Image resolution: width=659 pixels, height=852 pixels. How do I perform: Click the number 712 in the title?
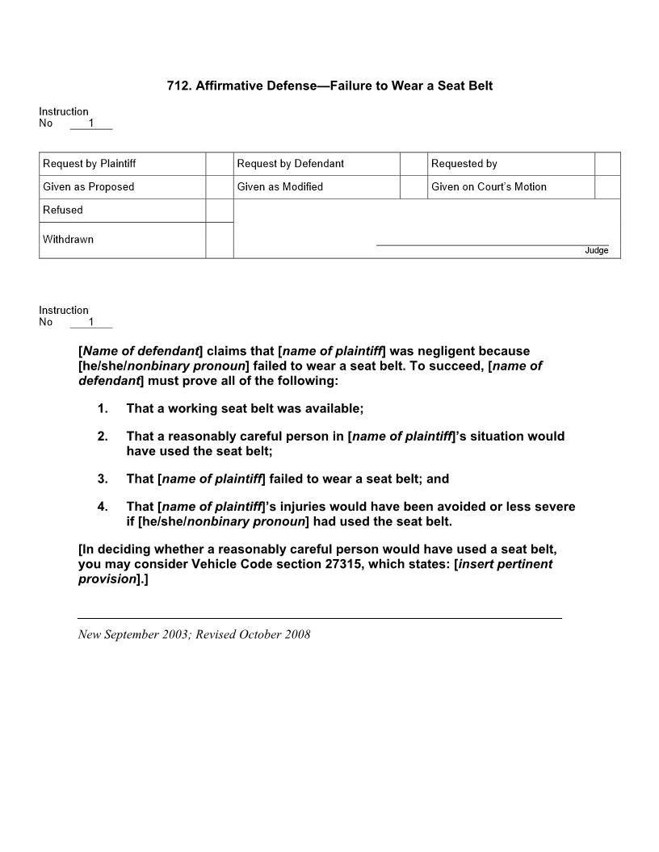[178, 86]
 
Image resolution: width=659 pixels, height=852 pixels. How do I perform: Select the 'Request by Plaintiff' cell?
[89, 164]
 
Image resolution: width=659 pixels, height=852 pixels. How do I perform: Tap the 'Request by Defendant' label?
[290, 164]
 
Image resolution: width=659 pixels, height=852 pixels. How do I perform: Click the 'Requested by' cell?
[464, 164]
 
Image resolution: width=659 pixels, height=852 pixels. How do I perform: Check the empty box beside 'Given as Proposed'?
[219, 187]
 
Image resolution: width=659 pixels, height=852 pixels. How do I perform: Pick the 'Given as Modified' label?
[279, 187]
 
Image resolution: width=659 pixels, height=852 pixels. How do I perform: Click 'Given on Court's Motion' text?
[489, 187]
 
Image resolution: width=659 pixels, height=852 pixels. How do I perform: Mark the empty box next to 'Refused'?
[219, 211]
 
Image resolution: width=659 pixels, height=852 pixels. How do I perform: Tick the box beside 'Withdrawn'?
[219, 240]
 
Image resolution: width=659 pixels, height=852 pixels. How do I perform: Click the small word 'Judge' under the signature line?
[596, 251]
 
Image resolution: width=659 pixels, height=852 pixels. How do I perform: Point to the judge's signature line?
[492, 244]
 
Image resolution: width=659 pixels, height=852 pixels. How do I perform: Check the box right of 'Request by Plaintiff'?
[219, 164]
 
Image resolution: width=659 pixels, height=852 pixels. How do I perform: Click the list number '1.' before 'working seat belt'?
[103, 409]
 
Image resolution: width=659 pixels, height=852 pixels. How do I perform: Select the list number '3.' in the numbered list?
[103, 479]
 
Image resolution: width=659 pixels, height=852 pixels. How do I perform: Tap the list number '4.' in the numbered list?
[103, 507]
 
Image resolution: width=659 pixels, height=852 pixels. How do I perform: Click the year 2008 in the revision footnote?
[296, 634]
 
